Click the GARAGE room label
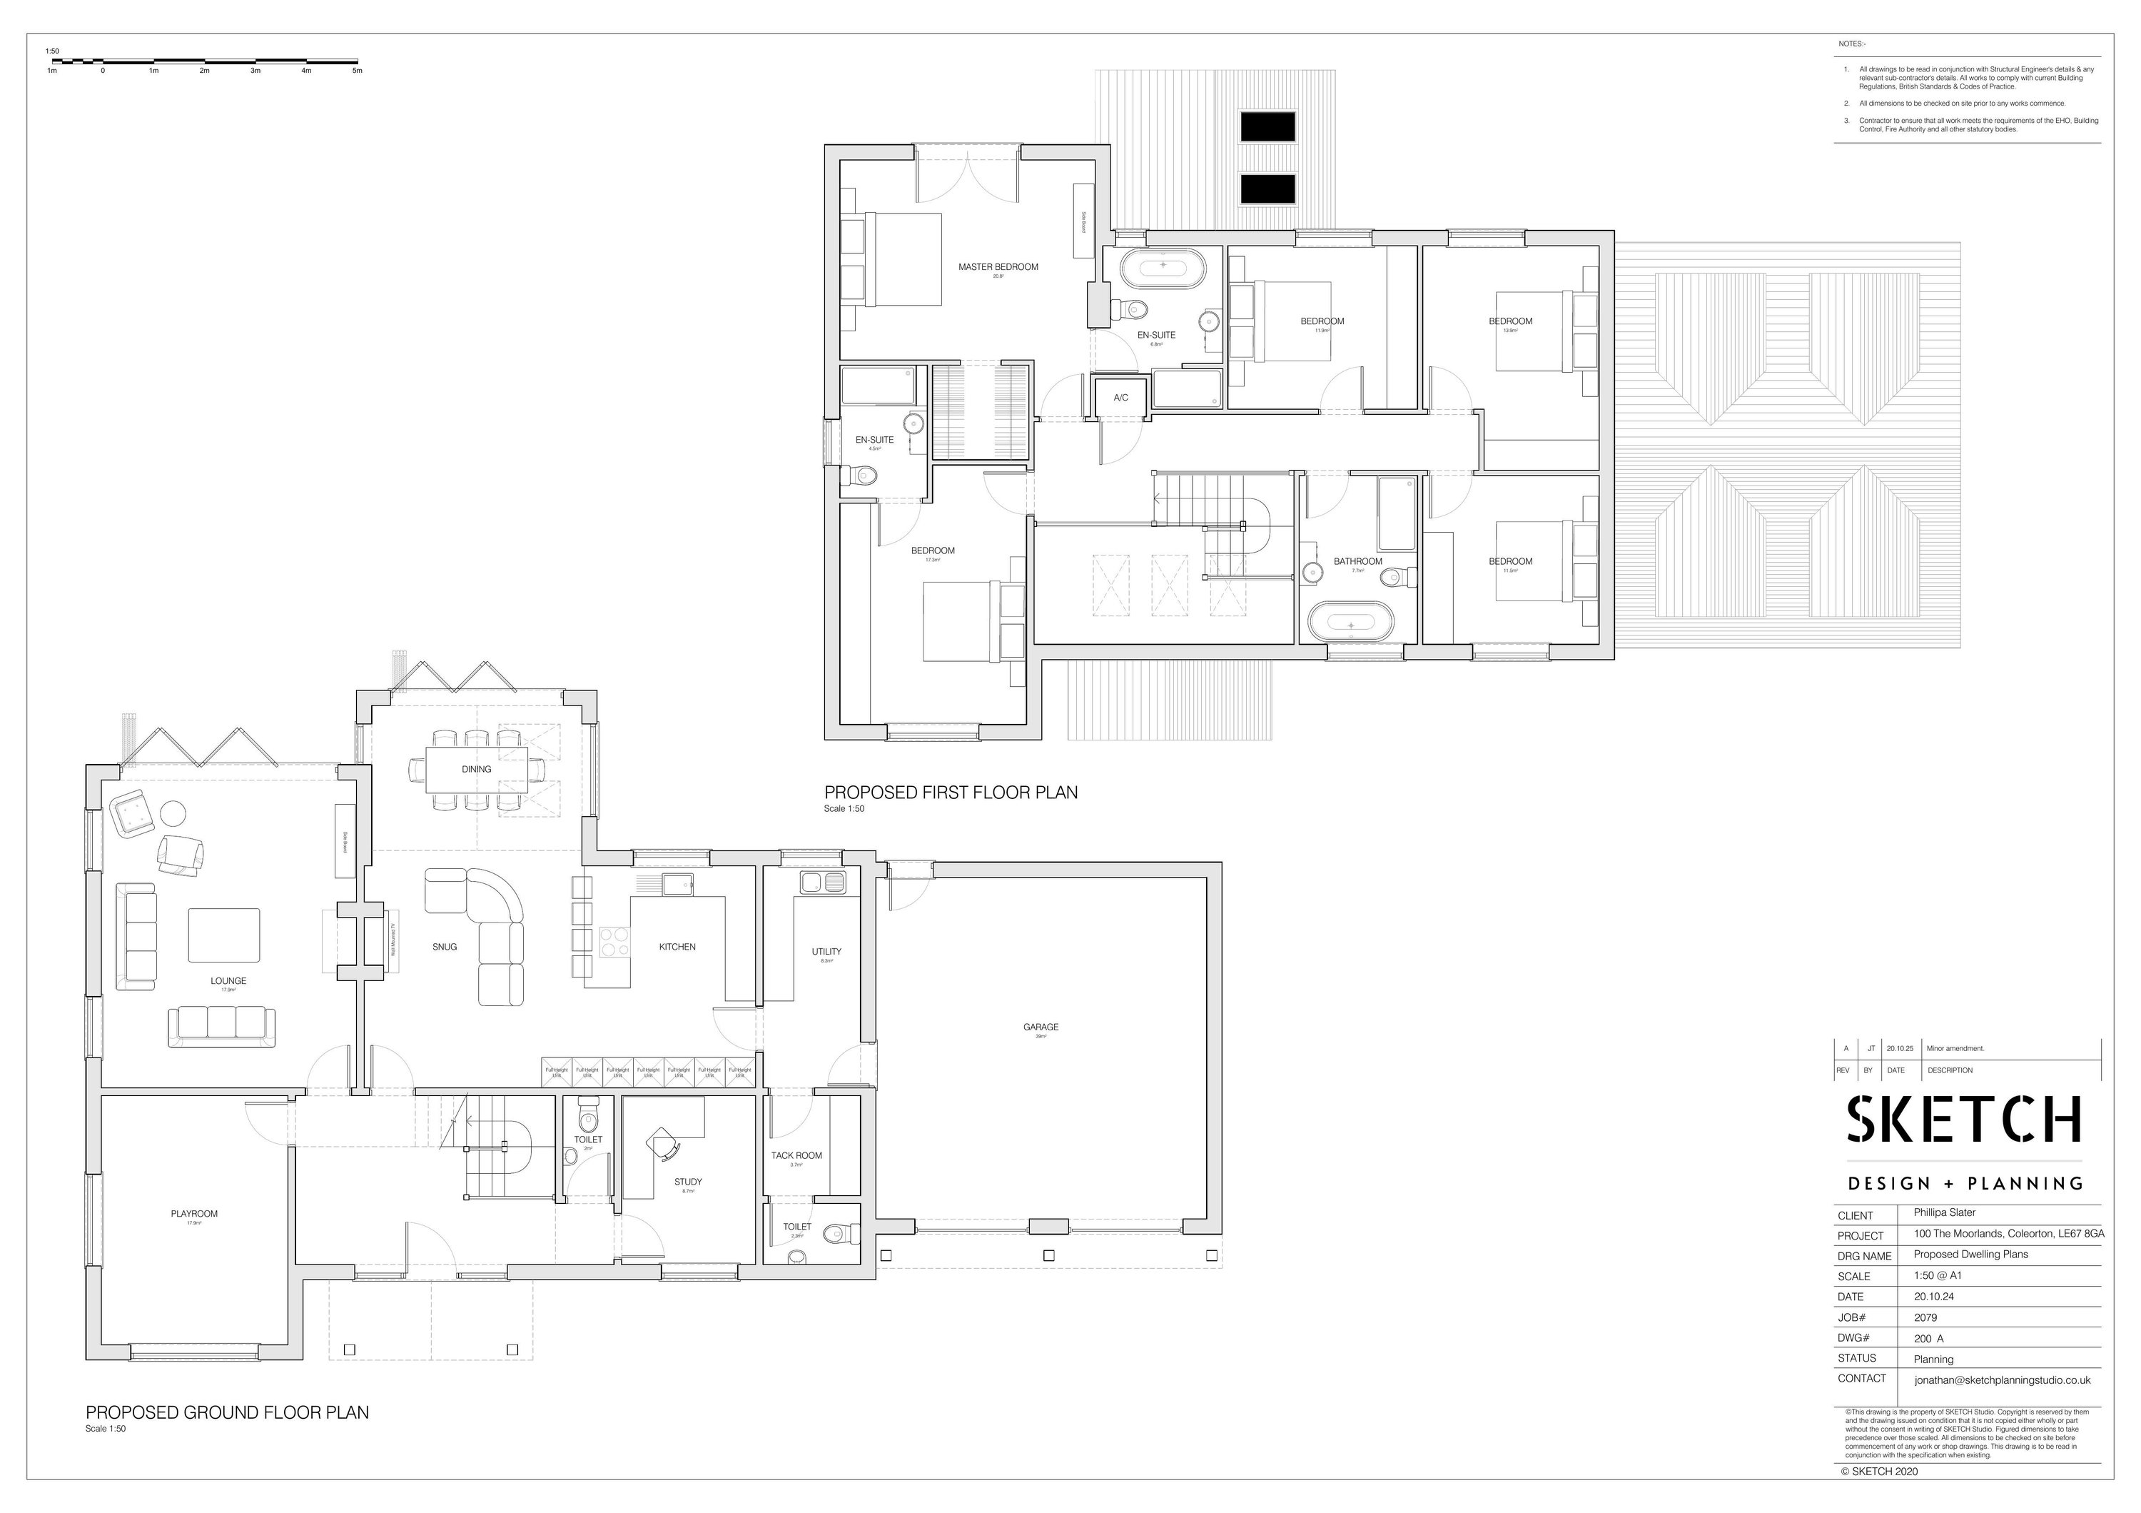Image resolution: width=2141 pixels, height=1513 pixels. [1041, 1027]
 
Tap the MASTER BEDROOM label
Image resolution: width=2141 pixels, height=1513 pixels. [998, 267]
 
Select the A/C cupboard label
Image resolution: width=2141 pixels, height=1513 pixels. [1121, 398]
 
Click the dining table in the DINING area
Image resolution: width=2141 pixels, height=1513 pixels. [477, 770]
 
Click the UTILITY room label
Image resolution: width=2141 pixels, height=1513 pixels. [826, 952]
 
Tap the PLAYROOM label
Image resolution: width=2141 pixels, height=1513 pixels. [194, 1214]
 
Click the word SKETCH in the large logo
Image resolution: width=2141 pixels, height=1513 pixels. [1965, 1120]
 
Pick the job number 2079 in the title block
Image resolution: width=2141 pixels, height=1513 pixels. [1925, 1317]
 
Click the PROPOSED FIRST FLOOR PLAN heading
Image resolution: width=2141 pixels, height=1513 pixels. [950, 792]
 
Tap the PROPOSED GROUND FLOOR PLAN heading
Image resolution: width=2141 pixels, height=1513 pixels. [228, 1412]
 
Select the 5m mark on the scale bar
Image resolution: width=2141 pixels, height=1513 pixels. [357, 71]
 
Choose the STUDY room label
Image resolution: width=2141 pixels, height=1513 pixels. [688, 1182]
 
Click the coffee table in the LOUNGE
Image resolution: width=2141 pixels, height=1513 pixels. [224, 935]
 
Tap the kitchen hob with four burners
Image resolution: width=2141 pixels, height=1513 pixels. [614, 941]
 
